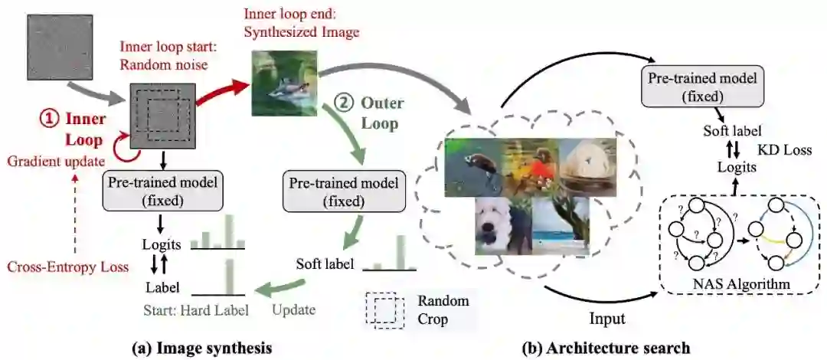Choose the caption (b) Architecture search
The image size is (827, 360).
[x=606, y=348]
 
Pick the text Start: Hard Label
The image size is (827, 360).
[x=190, y=312]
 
